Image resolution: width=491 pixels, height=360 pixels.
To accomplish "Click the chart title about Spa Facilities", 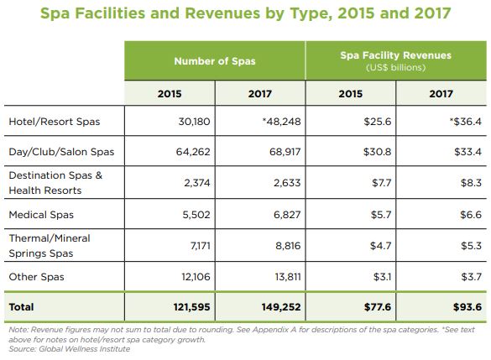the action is [245, 13].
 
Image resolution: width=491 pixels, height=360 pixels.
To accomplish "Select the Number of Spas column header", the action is [215, 60].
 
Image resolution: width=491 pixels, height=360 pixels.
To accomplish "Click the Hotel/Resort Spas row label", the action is [55, 122].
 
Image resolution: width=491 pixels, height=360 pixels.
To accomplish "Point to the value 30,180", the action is [194, 122].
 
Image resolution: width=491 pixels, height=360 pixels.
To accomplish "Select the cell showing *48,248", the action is [281, 122].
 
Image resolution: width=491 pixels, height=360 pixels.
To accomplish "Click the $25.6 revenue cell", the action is [378, 122].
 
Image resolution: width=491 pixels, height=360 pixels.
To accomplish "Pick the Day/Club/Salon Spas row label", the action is [61, 152].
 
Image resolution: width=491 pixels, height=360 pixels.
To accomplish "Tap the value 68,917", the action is [285, 152].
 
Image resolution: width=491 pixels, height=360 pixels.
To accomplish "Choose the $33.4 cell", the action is [467, 152].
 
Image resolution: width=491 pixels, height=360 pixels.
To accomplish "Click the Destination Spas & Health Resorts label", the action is [55, 183].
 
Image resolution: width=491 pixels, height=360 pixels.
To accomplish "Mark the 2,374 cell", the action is [197, 183].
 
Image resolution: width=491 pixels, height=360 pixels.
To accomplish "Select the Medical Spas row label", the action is [41, 215].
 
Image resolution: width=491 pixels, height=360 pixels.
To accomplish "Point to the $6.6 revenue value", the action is [471, 215].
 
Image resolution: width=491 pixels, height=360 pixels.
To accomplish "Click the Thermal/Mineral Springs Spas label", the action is [50, 246].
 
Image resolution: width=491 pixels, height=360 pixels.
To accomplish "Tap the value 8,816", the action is [288, 246].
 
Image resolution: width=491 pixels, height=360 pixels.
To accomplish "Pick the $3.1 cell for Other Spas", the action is [382, 277].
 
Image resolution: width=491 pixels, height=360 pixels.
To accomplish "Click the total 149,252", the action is [281, 307].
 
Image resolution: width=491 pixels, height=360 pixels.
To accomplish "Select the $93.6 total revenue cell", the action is [467, 307].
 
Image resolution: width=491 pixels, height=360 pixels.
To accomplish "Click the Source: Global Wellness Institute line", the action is [69, 349].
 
